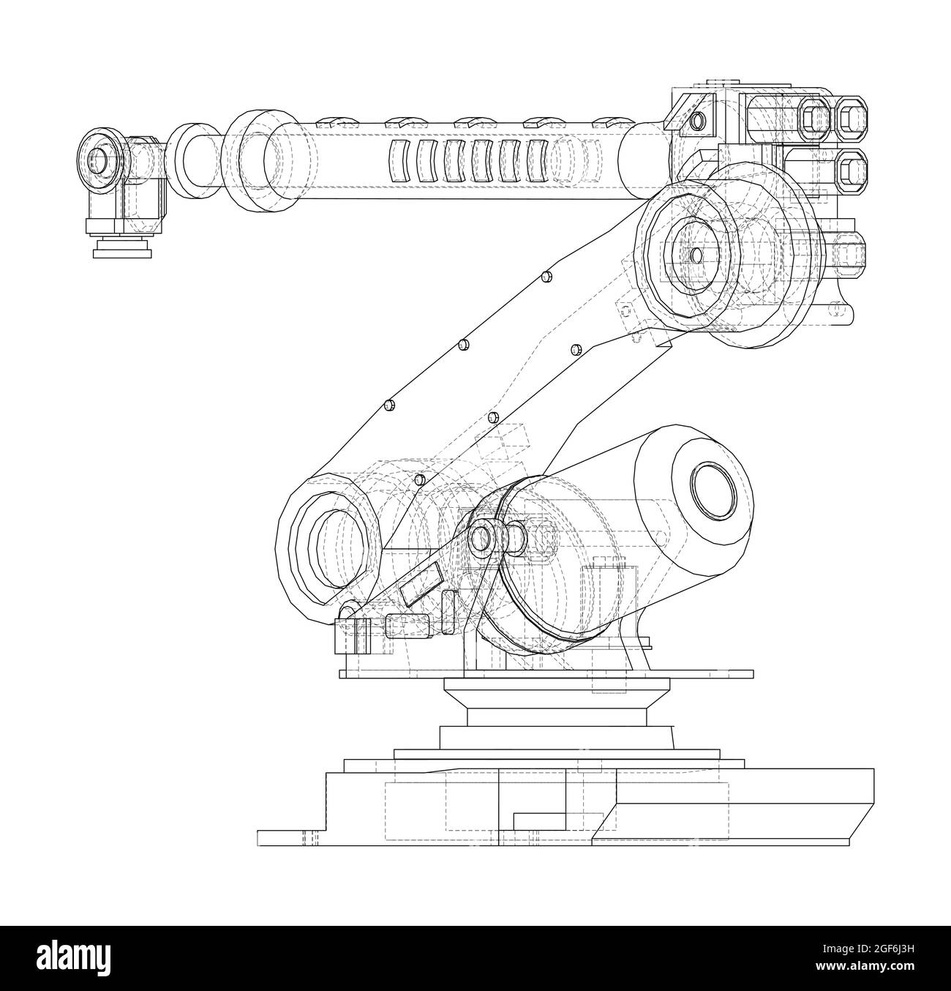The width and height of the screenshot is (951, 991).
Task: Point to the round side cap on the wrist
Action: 97,159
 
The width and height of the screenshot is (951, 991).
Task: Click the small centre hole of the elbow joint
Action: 695,255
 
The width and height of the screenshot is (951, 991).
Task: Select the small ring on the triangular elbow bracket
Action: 698,119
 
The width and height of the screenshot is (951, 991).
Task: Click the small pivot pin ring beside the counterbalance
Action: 481,539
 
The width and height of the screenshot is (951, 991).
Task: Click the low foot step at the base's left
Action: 289,837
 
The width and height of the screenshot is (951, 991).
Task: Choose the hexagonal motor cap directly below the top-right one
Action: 850,169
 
